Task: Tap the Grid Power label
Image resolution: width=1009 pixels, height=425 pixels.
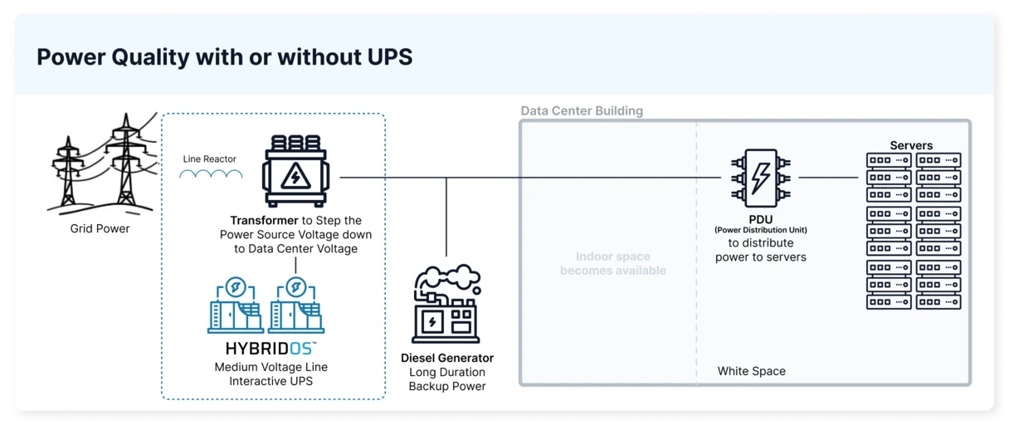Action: [x=100, y=228]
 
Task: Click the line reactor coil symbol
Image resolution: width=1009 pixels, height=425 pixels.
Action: [x=212, y=174]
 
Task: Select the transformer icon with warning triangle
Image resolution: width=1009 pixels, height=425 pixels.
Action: [x=295, y=173]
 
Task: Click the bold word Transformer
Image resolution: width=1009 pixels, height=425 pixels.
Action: [x=265, y=221]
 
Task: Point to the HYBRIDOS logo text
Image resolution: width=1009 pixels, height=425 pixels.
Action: [x=271, y=349]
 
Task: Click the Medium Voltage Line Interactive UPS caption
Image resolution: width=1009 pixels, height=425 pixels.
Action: [x=271, y=374]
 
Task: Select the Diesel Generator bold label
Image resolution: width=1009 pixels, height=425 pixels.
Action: [x=447, y=359]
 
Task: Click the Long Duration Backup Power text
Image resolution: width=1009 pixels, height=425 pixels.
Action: [x=447, y=379]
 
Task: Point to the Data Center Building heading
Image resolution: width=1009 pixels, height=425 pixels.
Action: [x=582, y=111]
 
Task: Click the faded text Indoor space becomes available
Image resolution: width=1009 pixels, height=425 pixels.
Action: [x=613, y=263]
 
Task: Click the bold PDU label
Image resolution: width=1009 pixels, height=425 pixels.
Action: [x=761, y=219]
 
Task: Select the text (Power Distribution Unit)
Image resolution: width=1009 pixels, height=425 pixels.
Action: [x=761, y=230]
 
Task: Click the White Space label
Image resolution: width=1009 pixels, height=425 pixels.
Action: [x=751, y=371]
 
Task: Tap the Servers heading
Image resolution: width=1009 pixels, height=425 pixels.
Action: [x=911, y=145]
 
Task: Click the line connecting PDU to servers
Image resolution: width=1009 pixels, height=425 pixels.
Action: [x=828, y=177]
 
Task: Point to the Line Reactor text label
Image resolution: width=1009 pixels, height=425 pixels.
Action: [x=210, y=159]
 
